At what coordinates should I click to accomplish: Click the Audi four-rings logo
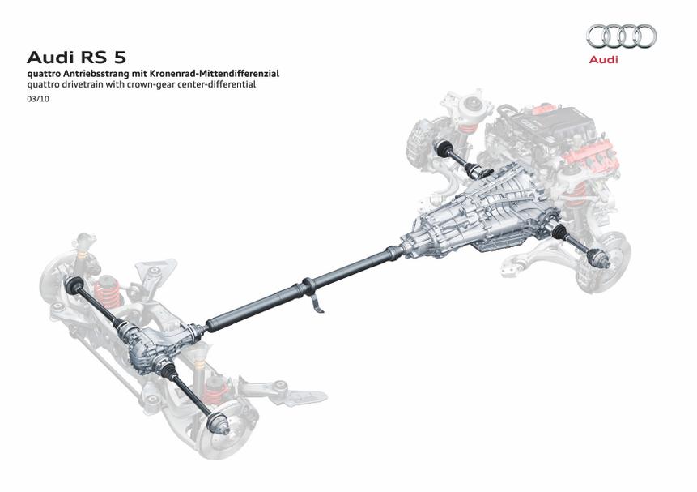pyautogui.click(x=622, y=36)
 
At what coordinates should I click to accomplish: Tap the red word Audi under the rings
pyautogui.click(x=603, y=59)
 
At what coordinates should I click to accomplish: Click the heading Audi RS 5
pyautogui.click(x=76, y=58)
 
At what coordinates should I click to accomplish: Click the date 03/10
pyautogui.click(x=38, y=99)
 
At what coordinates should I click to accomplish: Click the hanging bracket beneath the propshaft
pyautogui.click(x=316, y=302)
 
